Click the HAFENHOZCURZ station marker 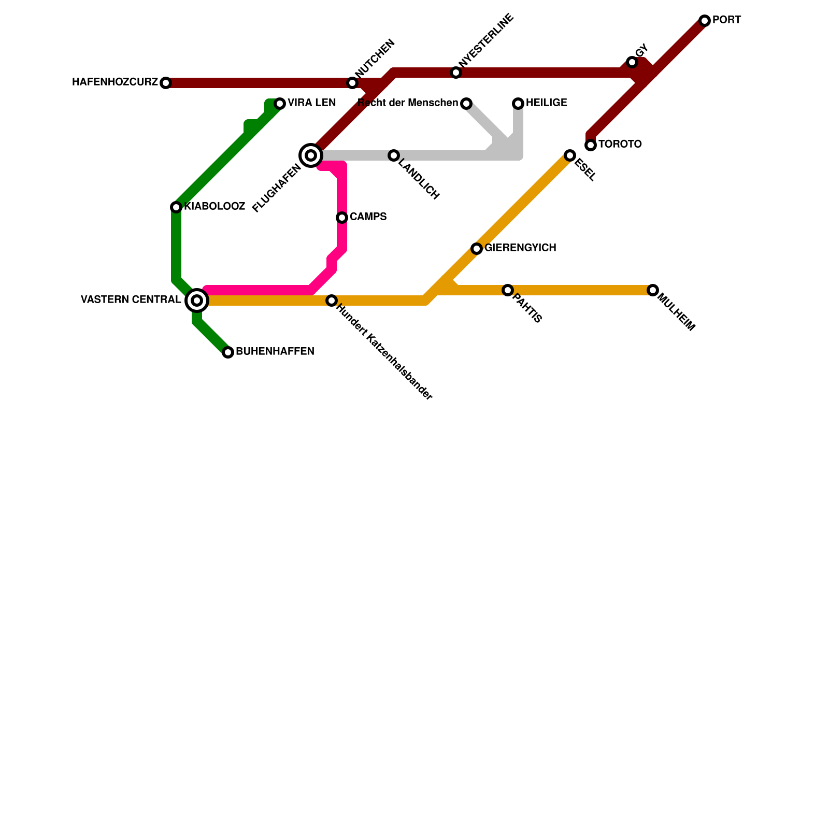point(166,83)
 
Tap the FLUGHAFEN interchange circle point(311,155)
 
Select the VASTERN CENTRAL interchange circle point(197,301)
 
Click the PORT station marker point(705,21)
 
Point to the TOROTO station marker point(591,145)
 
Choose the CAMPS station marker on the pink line point(342,218)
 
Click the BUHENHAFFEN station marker point(228,352)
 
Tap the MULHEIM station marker point(653,290)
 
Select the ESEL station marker point(570,155)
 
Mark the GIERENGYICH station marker point(477,249)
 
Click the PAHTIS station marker point(508,290)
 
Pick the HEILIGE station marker point(518,104)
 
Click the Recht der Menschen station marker point(466,104)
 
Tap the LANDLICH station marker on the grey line point(394,155)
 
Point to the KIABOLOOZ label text point(215,207)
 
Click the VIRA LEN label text point(312,103)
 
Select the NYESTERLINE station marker point(456,73)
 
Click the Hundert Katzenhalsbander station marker point(332,301)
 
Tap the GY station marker point(632,62)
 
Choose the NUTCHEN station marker point(352,83)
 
